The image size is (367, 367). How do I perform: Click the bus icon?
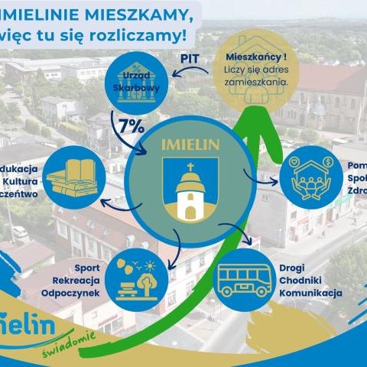tap(244, 281)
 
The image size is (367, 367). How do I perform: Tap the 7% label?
tap(132, 126)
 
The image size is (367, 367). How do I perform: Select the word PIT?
tap(190, 57)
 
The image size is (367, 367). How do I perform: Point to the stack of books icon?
tap(71, 177)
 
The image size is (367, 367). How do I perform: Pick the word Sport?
tap(86, 268)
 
